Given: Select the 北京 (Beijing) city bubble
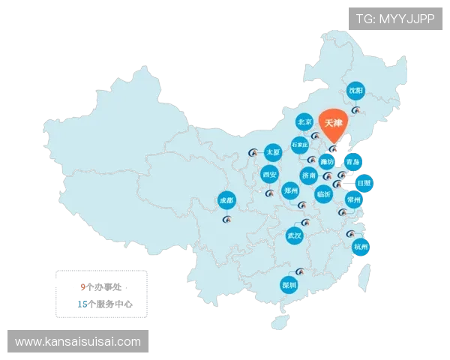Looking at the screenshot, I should pos(304,121).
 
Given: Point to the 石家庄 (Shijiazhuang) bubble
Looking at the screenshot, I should pos(300,144).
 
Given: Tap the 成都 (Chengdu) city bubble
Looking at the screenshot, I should pos(226,200).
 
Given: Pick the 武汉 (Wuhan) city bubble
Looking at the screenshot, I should pos(294,236).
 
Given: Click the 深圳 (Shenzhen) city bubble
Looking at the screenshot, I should pos(289,285).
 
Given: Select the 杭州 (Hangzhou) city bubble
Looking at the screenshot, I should pos(361,247).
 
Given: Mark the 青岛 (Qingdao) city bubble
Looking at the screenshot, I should pos(353,161).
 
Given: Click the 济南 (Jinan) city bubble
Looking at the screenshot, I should pos(309,175).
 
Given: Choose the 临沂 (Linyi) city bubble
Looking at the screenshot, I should pos(324,193).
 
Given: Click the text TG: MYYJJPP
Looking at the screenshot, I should pos(394,19).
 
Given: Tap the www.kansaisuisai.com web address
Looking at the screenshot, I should pos(78,342).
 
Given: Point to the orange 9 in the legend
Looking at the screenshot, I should pos(82,286).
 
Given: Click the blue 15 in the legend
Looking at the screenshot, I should pos(82,304).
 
